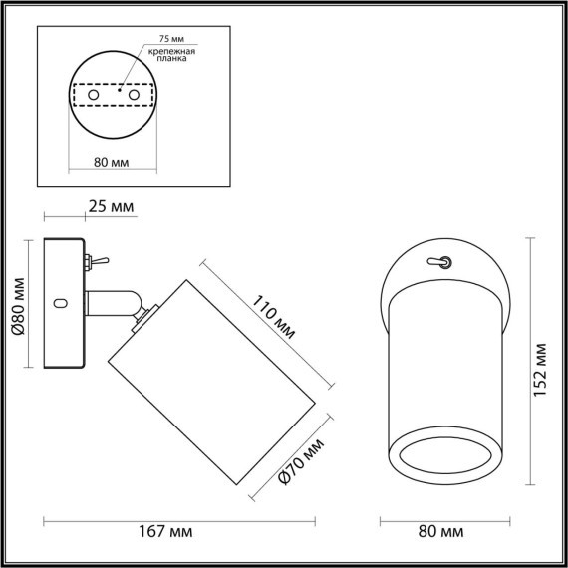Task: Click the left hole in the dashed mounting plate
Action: [95, 94]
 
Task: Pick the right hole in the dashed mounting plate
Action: [132, 94]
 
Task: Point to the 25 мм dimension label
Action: [109, 207]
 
